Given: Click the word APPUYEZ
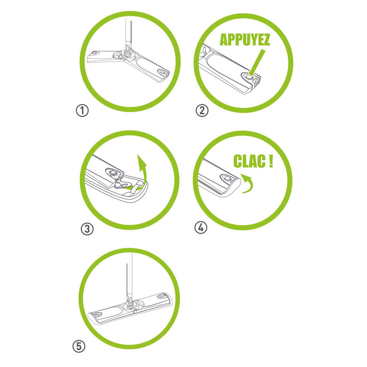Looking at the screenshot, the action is (245, 40).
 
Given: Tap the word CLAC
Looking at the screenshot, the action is (250, 161).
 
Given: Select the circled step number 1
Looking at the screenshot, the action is (82, 110).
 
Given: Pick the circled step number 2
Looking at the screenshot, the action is (202, 110).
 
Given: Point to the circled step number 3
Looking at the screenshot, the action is (87, 229).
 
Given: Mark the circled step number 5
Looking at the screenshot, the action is (79, 346).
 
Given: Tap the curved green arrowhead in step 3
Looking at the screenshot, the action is (142, 162).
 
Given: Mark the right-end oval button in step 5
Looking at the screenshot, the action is (161, 296).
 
